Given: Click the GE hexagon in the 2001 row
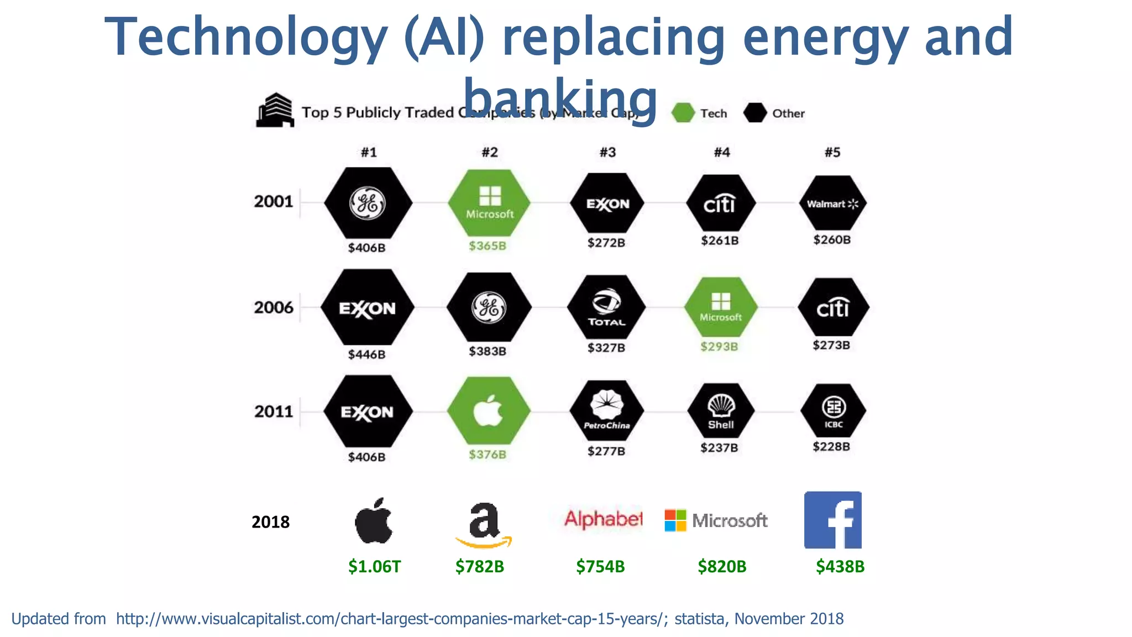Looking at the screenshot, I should coord(368,203).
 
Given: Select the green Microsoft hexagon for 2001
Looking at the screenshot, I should coord(489,203).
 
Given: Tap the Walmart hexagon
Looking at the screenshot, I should coord(832,203).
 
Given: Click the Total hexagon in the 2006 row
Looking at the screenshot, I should coord(606,307).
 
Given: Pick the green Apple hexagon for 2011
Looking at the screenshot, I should coord(489,411).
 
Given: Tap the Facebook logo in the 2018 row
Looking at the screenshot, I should coord(832,520).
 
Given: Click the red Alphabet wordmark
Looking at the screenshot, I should coord(603,519).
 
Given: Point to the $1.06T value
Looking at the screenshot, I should coord(374,567).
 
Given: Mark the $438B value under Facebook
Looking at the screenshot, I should coord(840,567).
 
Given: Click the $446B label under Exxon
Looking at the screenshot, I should coord(366,354).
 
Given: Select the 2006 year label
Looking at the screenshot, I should coord(274,307).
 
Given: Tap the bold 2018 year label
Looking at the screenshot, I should coord(270,522).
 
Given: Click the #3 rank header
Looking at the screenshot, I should coord(607,152).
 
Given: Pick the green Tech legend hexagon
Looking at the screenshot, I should coord(683,113).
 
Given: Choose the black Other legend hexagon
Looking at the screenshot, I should coord(754,113).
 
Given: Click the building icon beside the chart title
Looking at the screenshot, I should coord(275,110).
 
